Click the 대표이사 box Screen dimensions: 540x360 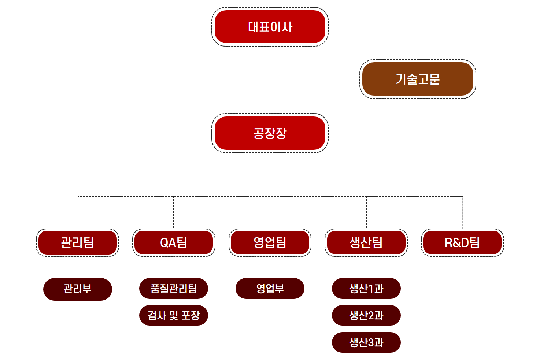(270, 27)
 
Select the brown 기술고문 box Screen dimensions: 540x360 (418, 79)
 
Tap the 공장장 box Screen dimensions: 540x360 (270, 133)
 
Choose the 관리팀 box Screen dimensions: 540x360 (77, 242)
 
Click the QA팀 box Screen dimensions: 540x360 (174, 242)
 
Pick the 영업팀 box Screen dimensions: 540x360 (270, 242)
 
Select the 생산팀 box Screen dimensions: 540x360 (366, 242)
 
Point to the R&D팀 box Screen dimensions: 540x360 (462, 242)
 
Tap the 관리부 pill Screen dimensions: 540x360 (78, 289)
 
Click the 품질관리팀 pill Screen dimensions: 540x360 (174, 289)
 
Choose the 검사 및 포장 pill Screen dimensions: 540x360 (174, 315)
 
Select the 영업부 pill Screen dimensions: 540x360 (270, 289)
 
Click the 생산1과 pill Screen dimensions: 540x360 (366, 289)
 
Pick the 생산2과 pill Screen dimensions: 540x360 (366, 315)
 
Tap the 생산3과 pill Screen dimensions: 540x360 (366, 342)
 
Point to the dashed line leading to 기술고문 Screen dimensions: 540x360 (315, 79)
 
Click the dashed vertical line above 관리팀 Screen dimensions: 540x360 (78, 212)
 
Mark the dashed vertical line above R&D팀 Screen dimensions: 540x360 (463, 212)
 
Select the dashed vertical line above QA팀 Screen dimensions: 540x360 (174, 212)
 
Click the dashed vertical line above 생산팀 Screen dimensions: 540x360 (366, 212)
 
